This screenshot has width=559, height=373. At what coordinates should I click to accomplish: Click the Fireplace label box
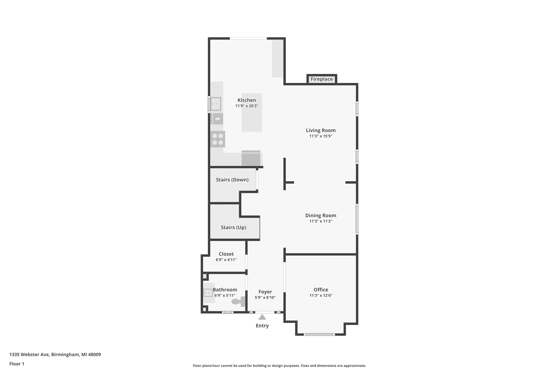click(x=322, y=79)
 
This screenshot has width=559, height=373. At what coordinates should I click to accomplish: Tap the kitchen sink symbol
click(x=216, y=104)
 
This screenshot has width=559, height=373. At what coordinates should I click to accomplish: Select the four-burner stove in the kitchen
click(x=218, y=139)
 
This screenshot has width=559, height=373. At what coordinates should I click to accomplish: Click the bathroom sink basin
click(x=208, y=293)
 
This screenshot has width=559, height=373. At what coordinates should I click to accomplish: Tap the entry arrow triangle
click(x=262, y=317)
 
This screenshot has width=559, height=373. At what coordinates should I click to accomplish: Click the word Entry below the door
click(x=262, y=326)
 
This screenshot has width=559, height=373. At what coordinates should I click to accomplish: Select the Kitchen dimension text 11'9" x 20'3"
click(x=247, y=106)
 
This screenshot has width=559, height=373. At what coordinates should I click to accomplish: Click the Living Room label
click(x=320, y=130)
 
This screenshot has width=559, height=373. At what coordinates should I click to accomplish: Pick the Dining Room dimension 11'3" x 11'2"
click(x=320, y=221)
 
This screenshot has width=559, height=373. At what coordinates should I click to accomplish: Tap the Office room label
click(x=321, y=290)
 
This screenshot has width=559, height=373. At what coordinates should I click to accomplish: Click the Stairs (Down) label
click(x=232, y=180)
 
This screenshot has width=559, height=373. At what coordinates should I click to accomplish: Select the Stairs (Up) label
click(x=233, y=227)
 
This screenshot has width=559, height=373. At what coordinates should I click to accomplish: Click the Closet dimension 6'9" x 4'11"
click(x=226, y=260)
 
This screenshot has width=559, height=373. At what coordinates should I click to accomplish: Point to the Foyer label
click(x=265, y=292)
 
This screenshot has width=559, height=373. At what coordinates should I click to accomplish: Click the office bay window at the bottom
click(x=319, y=334)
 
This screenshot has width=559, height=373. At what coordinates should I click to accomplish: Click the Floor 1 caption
click(x=17, y=364)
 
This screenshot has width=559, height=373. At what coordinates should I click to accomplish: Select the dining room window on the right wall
click(x=357, y=219)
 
